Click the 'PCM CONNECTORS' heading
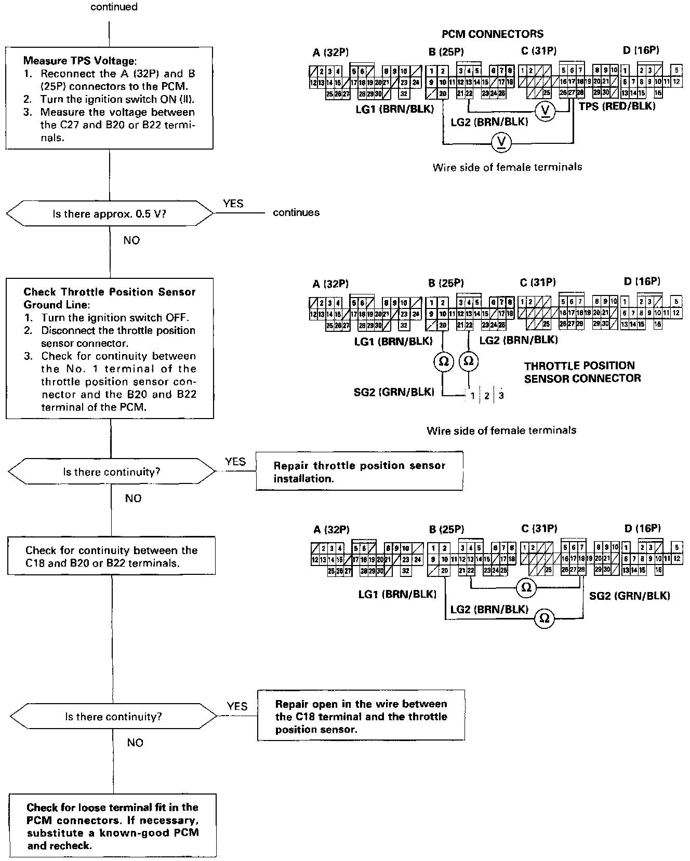[x=492, y=34]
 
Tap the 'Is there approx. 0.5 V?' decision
[x=109, y=213]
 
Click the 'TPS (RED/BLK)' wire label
[x=617, y=106]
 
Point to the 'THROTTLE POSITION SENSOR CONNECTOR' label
[x=582, y=372]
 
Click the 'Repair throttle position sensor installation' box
[x=359, y=472]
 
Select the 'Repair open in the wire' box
[x=361, y=716]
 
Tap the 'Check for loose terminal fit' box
[x=112, y=826]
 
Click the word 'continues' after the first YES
[x=296, y=212]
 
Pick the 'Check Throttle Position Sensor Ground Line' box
[x=110, y=348]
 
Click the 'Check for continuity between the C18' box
[x=111, y=556]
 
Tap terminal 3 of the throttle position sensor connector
[x=501, y=396]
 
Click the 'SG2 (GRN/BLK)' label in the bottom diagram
[x=629, y=596]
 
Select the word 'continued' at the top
[x=114, y=7]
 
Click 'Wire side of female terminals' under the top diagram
[x=507, y=167]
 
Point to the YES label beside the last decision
[x=237, y=706]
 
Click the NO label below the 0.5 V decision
[x=131, y=240]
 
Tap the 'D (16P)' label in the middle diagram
[x=642, y=281]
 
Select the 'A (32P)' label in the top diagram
[x=330, y=52]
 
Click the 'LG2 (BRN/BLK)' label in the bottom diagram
[x=489, y=609]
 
